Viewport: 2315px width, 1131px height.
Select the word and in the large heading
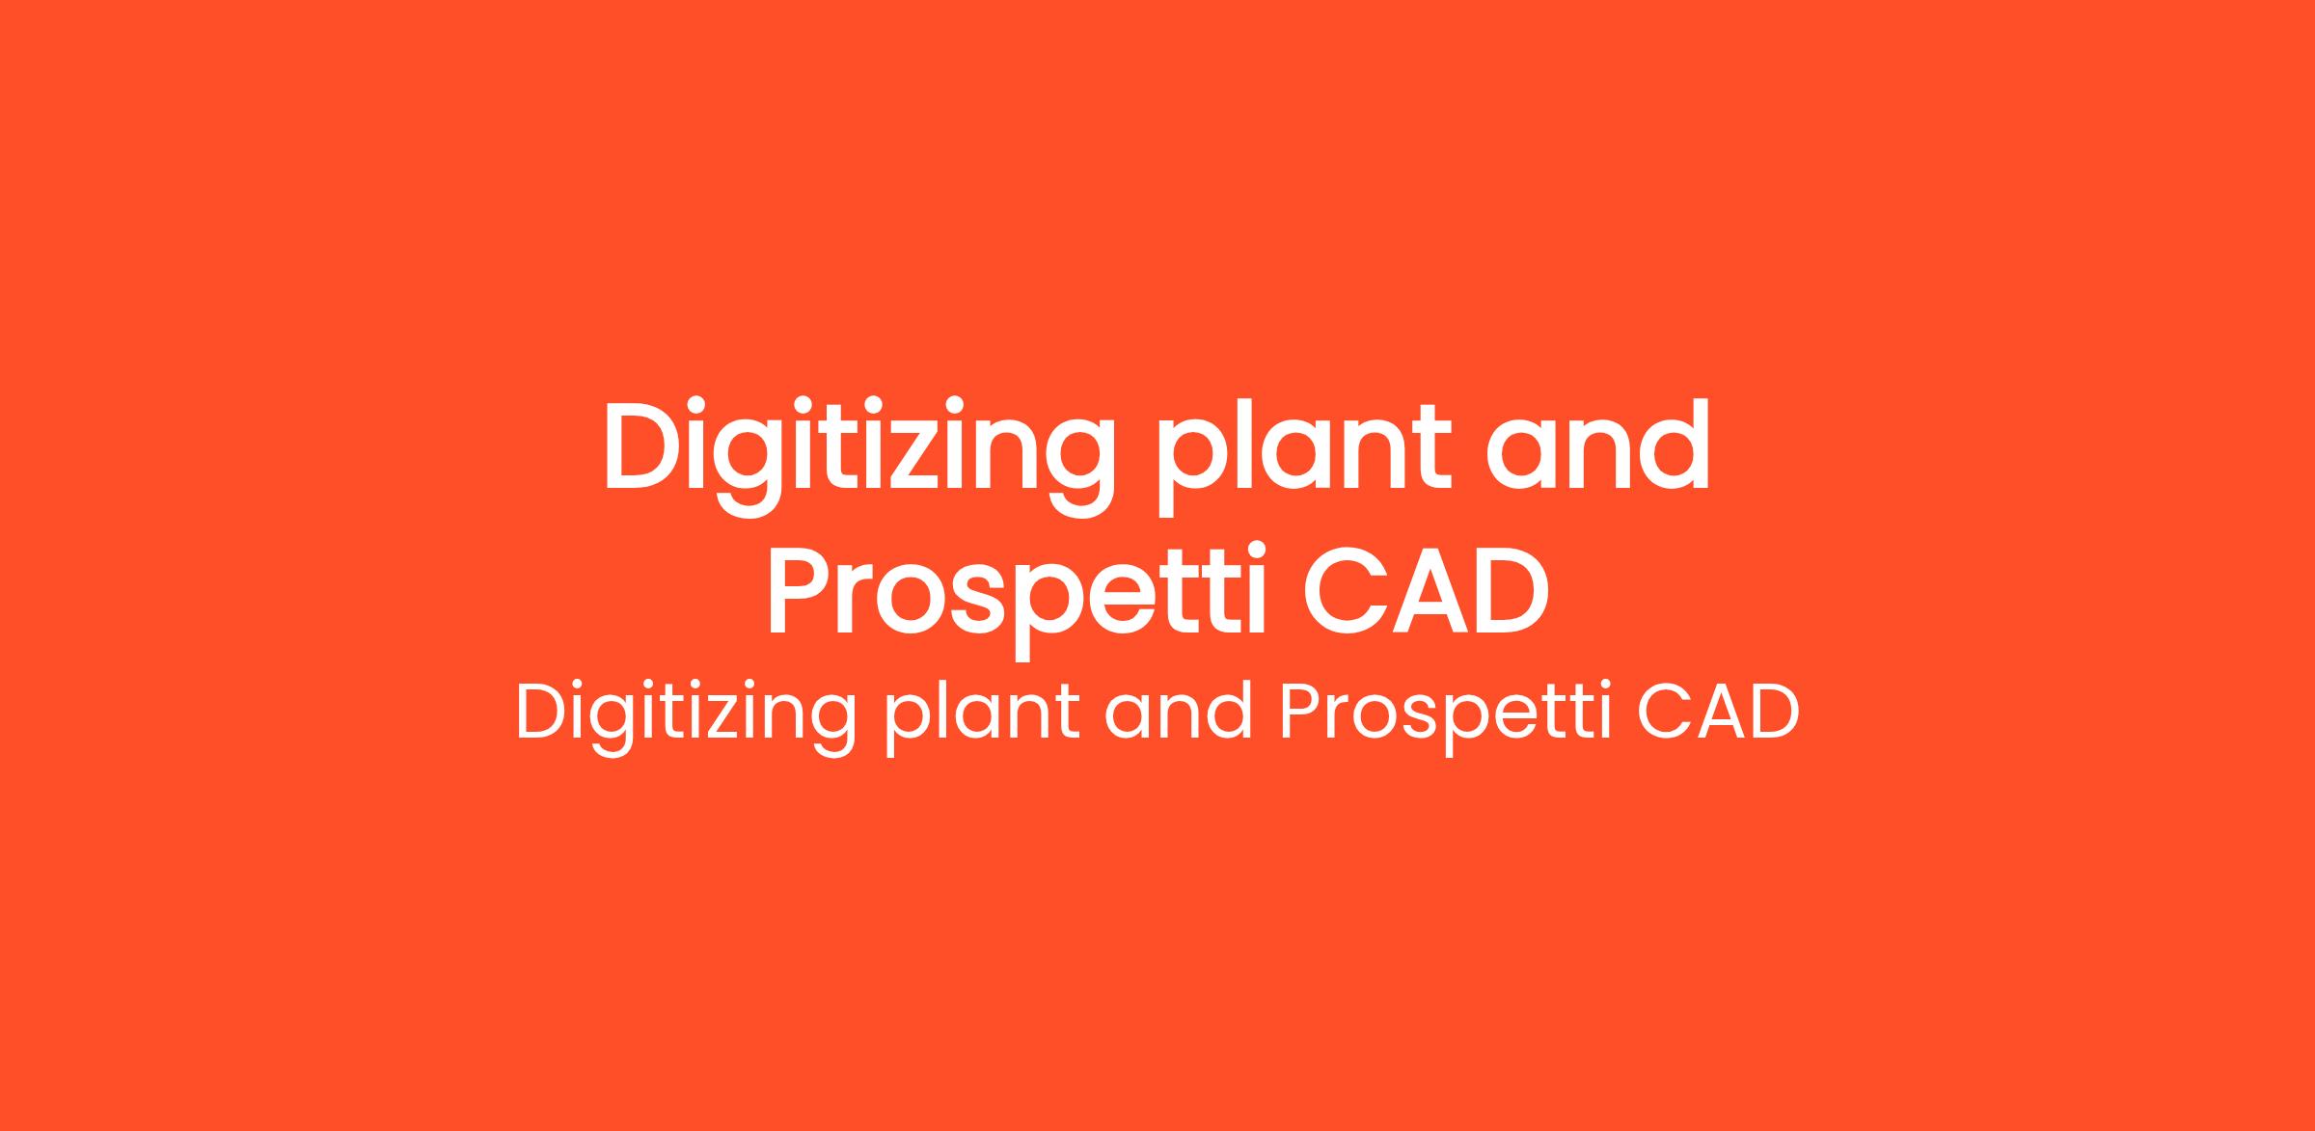click(1597, 446)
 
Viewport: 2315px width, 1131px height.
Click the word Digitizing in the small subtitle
click(686, 717)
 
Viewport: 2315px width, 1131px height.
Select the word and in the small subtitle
click(1179, 713)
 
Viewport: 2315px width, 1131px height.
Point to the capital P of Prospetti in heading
click(801, 591)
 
